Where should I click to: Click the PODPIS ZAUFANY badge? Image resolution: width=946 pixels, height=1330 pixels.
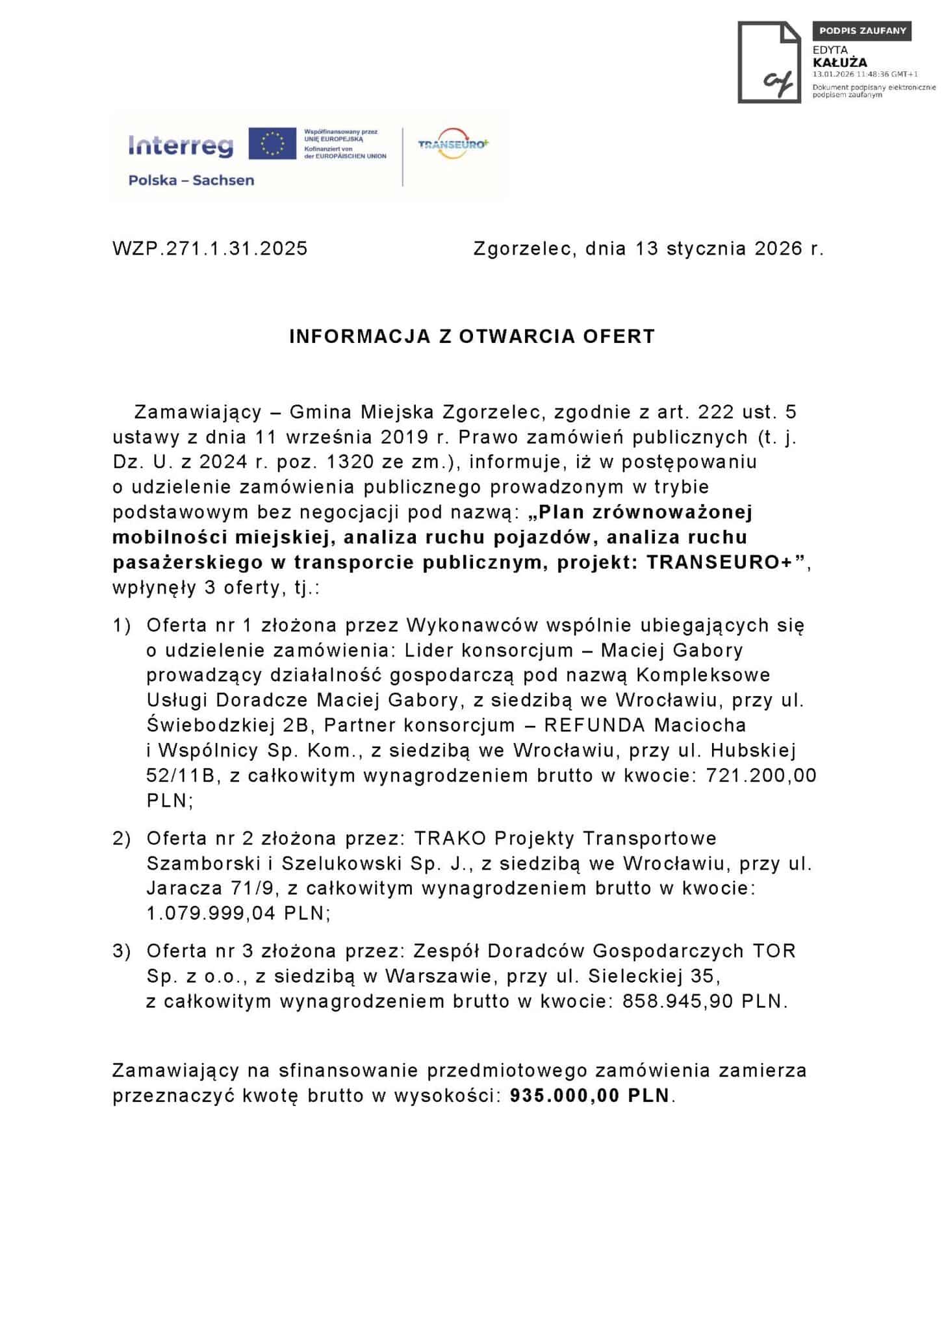862,31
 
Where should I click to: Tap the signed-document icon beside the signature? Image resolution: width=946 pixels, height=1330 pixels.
769,62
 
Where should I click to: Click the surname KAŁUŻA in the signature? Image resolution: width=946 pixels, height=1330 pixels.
839,63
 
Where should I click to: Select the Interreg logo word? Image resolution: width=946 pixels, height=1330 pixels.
181,145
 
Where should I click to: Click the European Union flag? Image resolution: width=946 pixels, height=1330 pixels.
272,144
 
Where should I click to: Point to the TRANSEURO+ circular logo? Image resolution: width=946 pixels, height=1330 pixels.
453,144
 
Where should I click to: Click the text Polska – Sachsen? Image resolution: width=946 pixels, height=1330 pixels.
191,181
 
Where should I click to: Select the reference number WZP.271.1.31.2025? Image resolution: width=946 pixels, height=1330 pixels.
210,249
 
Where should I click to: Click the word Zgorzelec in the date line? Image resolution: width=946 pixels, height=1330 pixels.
523,249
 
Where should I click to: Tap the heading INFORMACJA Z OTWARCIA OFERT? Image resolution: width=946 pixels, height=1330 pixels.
472,336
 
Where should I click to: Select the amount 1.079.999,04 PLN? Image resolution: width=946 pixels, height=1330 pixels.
238,913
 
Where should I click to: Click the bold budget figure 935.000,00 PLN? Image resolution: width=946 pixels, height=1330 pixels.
589,1096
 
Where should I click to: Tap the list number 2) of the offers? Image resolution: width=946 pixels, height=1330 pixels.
121,838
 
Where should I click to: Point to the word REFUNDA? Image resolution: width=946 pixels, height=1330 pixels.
594,725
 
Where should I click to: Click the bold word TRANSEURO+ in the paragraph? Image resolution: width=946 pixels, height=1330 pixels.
720,562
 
